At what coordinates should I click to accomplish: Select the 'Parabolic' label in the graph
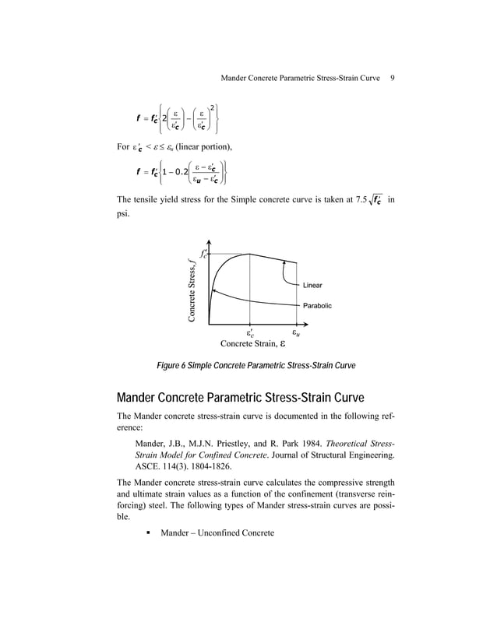317,306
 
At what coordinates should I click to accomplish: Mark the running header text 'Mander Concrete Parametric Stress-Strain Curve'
301,78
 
